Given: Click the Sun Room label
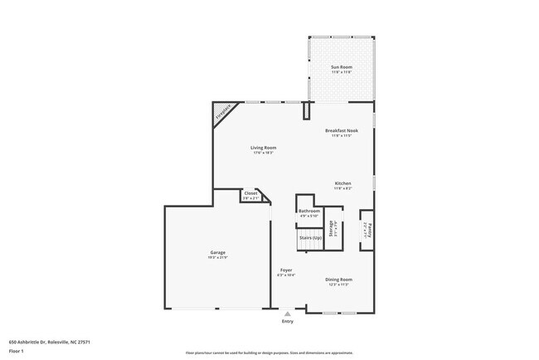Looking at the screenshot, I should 341,66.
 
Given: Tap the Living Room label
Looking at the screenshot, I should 264,148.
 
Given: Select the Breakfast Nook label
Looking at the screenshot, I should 341,130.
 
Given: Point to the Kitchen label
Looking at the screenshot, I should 342,183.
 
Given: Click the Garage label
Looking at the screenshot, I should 217,252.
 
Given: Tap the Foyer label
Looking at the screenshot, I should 284,270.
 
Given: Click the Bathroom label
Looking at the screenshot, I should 308,211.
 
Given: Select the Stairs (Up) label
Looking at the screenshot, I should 310,238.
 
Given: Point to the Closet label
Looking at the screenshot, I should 250,193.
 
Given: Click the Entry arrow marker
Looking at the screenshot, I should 288,314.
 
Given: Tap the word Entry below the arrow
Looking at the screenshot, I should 288,321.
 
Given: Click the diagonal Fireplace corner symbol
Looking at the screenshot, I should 222,113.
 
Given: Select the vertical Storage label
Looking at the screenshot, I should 330,229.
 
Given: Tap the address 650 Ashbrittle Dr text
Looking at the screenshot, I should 50,341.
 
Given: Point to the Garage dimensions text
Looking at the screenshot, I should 217,258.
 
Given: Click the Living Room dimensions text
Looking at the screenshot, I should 264,153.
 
